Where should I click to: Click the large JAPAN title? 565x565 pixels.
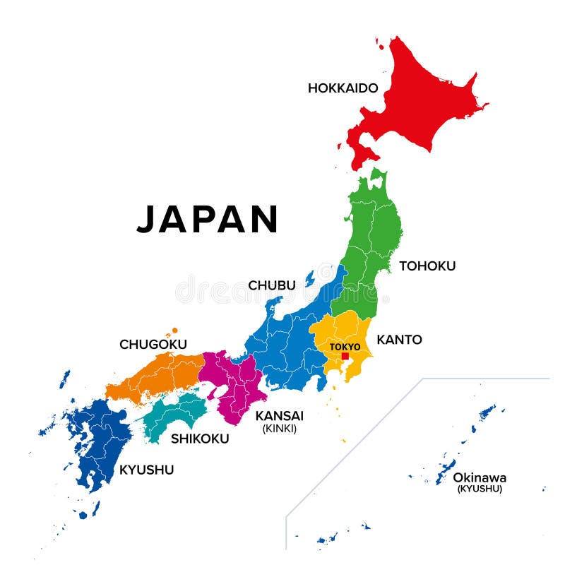point(208,219)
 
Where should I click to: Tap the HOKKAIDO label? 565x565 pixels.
point(343,88)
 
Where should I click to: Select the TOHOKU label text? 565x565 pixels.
point(427,266)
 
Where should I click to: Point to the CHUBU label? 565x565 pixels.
point(272,285)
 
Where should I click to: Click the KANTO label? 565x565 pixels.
point(399,340)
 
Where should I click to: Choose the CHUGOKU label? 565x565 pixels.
point(153,345)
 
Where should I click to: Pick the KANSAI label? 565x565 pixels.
point(280,415)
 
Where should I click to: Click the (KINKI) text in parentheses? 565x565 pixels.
point(280,429)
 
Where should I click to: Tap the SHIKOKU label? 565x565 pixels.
point(200,439)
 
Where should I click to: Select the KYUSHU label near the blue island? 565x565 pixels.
point(147,470)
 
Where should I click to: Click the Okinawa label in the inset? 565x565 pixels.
point(480,477)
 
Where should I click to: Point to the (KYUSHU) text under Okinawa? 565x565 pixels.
point(480,489)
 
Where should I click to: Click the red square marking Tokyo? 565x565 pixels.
point(345,357)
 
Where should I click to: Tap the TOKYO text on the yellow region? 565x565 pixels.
point(345,347)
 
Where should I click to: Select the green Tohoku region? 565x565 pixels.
point(371,240)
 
